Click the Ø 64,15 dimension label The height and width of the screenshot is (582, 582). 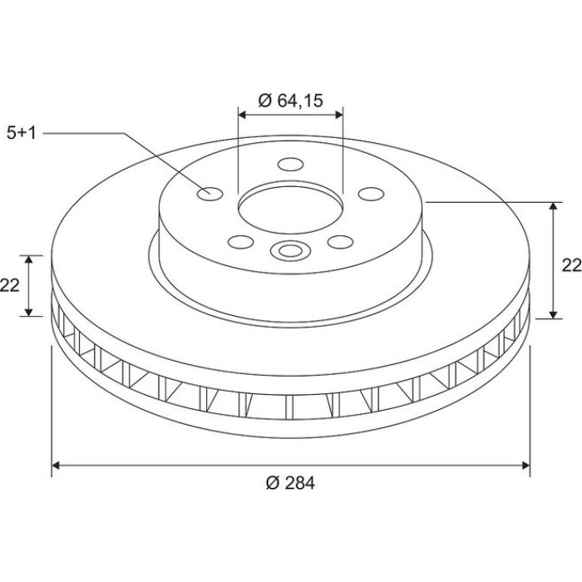pos(291,101)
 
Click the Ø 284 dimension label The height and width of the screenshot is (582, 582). pos(290,483)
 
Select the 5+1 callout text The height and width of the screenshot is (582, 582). pos(22,133)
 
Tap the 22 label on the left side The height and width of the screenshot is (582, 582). pos(9,285)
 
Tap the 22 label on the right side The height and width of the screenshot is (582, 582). pos(572,265)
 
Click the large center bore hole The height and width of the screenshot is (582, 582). pos(291,210)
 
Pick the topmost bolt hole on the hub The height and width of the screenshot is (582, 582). pos(291,164)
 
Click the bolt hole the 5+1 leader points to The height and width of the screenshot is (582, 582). pos(210,194)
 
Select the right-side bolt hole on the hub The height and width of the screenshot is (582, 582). pos(371,194)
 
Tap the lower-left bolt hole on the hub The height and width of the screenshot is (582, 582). pos(241,242)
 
